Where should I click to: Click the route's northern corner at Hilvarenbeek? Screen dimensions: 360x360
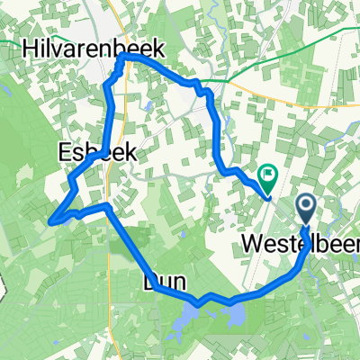121,56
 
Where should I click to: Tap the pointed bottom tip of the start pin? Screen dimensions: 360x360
306,224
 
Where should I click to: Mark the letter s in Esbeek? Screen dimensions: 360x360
81,153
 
